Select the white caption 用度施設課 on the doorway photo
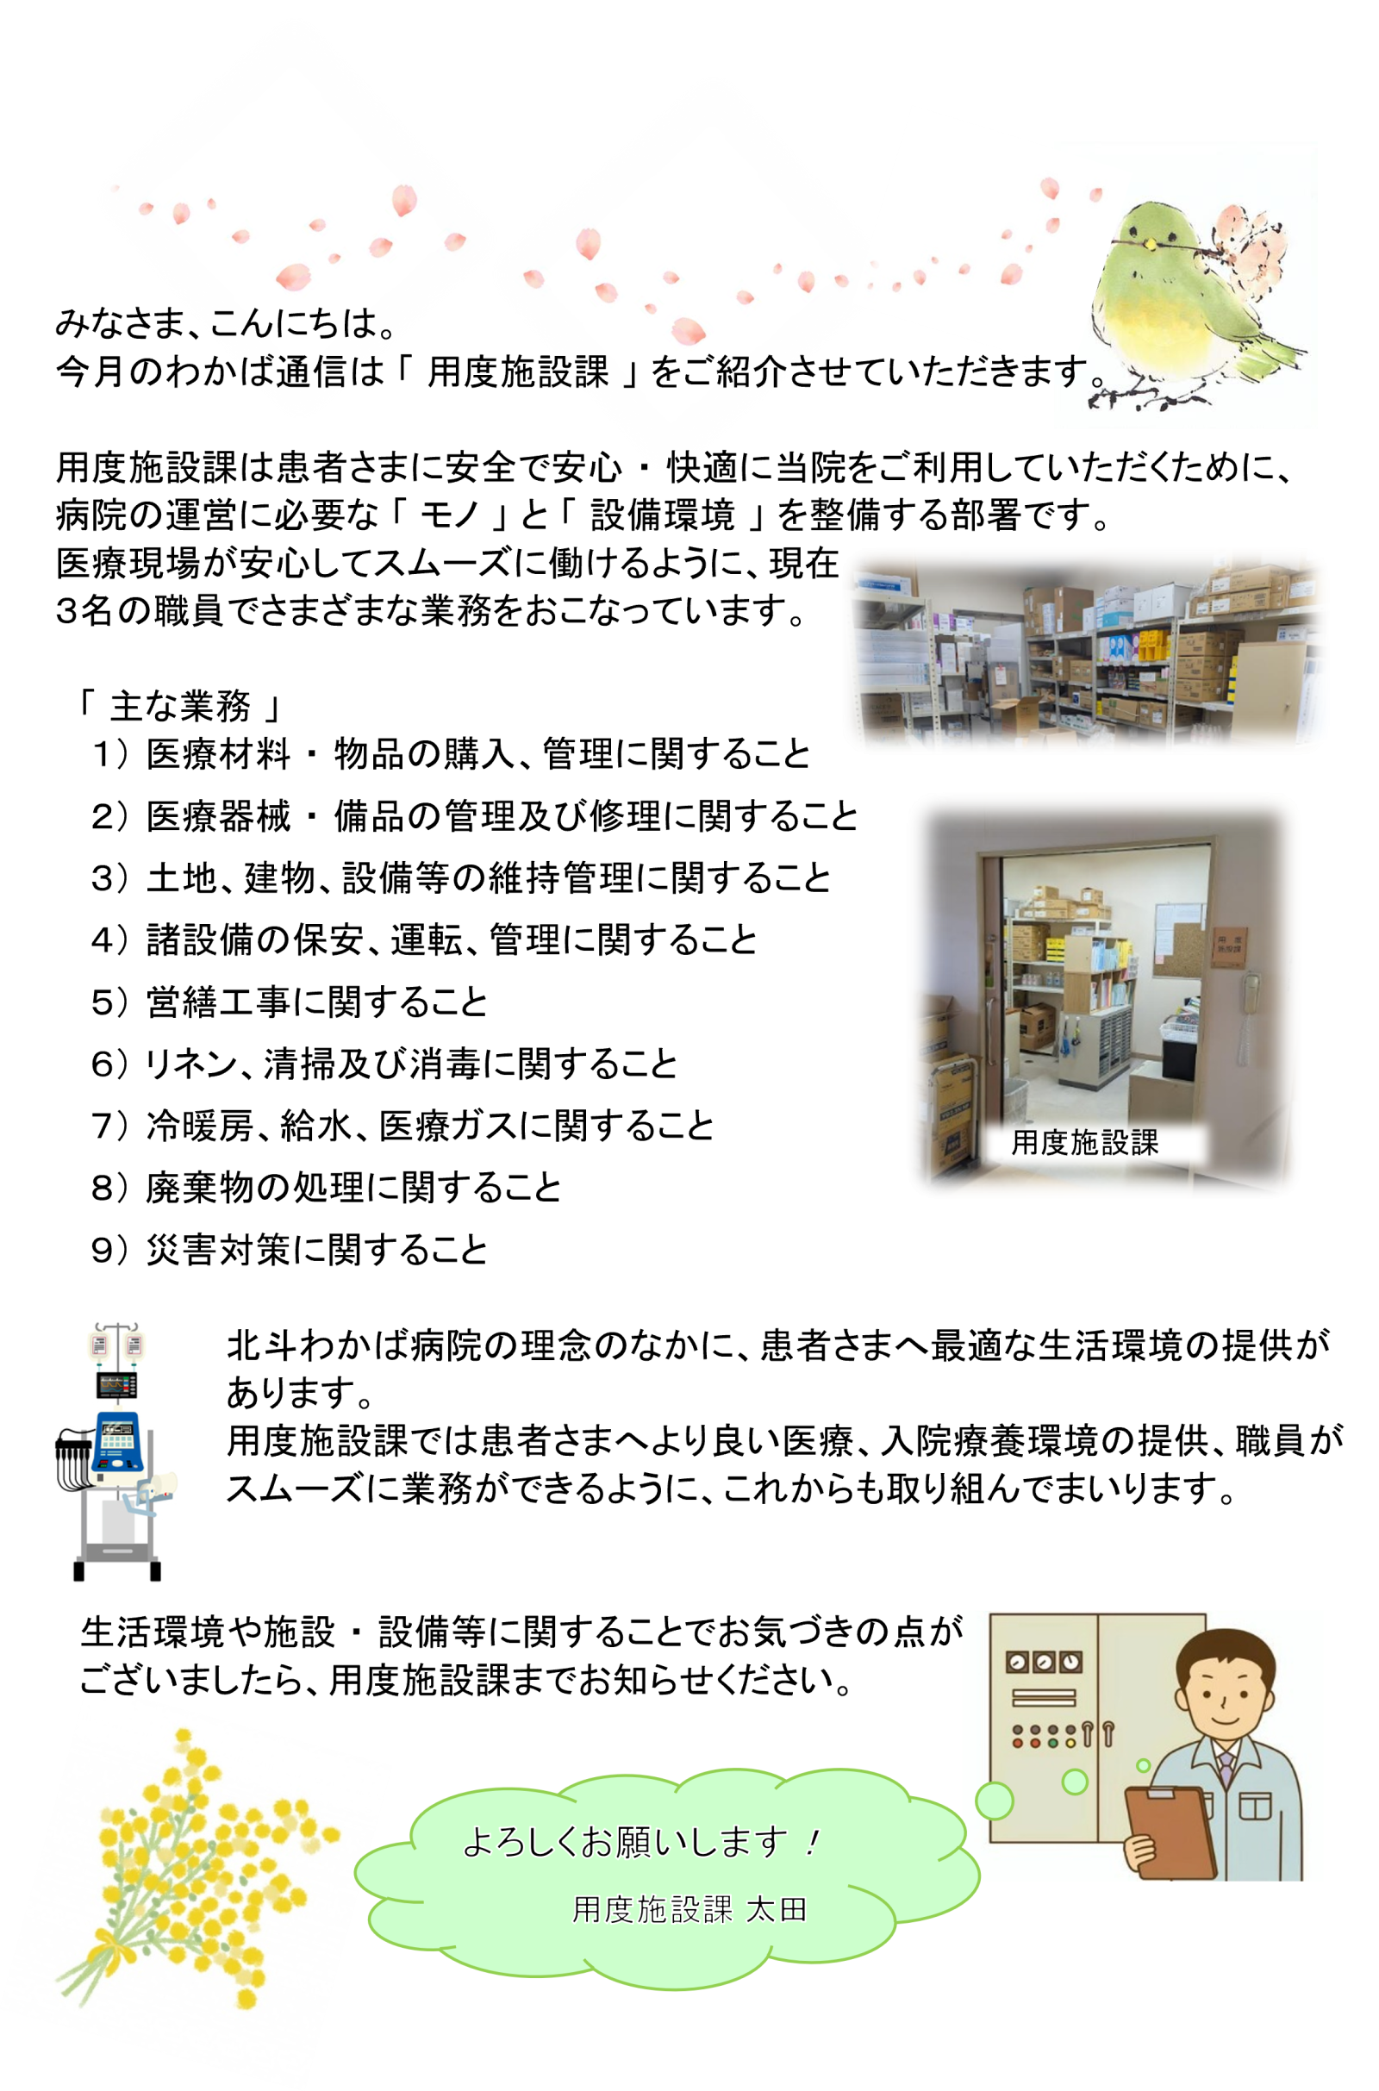tap(1084, 1142)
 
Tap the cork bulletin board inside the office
tap(1179, 939)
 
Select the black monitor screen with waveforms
tap(116, 1385)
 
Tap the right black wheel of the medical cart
tap(156, 1571)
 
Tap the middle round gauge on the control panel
tap(1044, 1662)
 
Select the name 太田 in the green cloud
tap(776, 1910)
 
